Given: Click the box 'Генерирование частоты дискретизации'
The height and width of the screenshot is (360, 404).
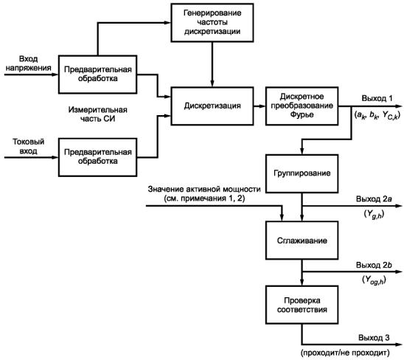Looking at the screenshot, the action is point(212,23).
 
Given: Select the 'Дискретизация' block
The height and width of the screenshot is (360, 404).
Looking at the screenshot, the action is point(212,106).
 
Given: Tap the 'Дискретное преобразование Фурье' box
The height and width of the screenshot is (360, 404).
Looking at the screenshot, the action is point(302,106).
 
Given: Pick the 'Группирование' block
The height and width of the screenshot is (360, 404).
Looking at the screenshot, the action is point(302,173).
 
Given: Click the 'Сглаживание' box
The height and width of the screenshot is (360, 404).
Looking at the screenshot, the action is point(302,240).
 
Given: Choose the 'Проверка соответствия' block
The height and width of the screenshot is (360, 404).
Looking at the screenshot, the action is point(302,305).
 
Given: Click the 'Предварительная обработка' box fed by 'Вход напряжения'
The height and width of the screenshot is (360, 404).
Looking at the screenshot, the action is point(97,75).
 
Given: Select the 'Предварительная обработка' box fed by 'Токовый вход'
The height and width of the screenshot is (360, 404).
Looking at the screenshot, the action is point(97,157).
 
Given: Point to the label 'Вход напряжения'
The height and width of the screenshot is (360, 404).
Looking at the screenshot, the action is point(28,63).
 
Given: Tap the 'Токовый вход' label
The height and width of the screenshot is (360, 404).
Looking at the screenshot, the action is point(28,146).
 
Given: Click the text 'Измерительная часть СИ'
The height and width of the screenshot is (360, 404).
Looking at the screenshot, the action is point(97,114).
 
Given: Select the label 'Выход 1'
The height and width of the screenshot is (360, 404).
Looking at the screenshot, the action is point(377,98).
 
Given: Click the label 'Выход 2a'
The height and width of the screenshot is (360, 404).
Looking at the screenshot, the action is point(374,199).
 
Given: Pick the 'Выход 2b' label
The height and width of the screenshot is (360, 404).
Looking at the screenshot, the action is point(374,265).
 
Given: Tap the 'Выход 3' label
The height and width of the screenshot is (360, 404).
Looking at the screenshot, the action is point(374,338).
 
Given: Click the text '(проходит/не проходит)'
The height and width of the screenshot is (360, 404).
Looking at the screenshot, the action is point(345,353).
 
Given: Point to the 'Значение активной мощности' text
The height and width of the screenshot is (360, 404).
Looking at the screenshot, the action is point(204,190).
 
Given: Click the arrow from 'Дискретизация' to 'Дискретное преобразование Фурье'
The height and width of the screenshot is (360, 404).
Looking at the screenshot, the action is point(260,106).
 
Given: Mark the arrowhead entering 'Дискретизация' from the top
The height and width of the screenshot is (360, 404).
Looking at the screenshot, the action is point(212,83).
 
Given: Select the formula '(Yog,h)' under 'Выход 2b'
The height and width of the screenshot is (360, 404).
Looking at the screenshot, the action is point(374,280).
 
